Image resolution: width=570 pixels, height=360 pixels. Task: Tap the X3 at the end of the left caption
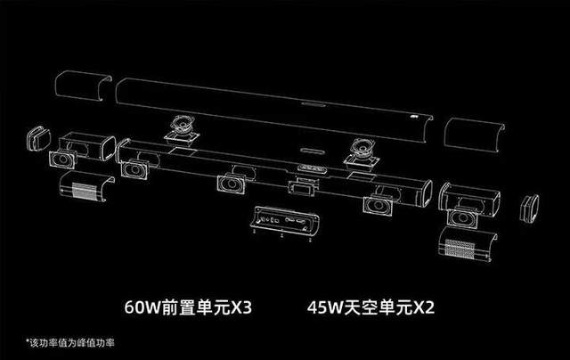(x=241, y=307)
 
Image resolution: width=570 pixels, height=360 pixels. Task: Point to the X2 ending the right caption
(x=424, y=307)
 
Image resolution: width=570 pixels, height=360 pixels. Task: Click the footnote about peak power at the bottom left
(x=70, y=342)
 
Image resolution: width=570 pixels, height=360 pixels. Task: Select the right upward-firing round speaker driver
(x=362, y=153)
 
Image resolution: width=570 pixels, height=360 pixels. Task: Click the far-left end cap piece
(x=38, y=138)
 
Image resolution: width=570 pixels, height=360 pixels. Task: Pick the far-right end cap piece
(x=529, y=208)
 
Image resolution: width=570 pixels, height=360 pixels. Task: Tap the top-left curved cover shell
(x=83, y=86)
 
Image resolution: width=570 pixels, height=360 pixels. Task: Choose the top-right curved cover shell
(x=474, y=135)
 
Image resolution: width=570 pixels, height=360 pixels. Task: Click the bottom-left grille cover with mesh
(x=87, y=186)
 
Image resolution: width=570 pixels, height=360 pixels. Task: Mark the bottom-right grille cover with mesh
(x=467, y=244)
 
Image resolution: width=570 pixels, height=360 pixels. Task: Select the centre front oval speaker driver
(x=232, y=184)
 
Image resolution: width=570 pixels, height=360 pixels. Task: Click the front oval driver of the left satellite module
(x=63, y=160)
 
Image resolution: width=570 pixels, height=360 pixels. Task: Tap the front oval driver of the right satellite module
(x=462, y=217)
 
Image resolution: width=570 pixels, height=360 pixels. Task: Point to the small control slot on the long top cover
(x=313, y=105)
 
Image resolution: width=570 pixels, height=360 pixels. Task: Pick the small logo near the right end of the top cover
(x=413, y=117)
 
